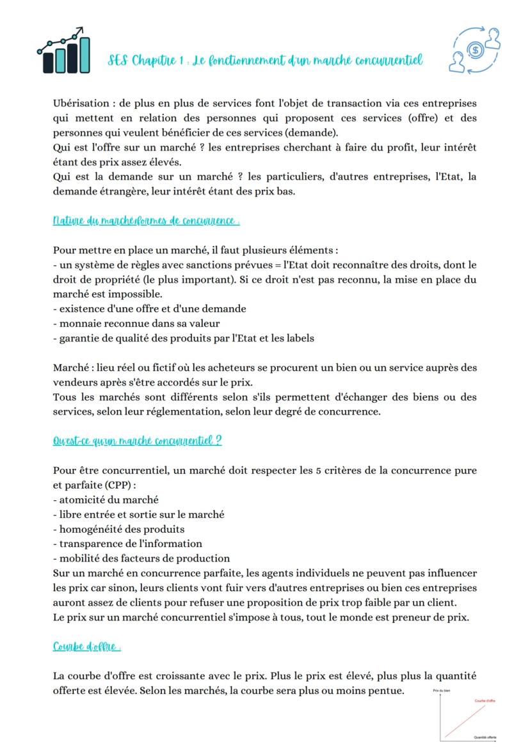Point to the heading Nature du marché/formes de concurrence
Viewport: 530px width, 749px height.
click(x=147, y=221)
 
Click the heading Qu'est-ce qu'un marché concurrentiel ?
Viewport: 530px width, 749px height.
click(x=138, y=441)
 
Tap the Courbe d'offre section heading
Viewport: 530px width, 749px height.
click(x=87, y=647)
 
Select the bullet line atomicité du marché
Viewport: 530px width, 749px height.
click(x=106, y=500)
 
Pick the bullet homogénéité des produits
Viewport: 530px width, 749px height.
click(x=118, y=529)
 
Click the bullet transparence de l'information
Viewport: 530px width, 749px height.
click(x=127, y=544)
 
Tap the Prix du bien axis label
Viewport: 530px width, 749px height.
click(x=442, y=691)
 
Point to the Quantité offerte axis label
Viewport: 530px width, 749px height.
click(x=485, y=737)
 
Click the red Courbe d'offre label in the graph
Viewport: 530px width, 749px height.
click(x=485, y=700)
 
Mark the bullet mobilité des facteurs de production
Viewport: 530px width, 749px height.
click(x=141, y=558)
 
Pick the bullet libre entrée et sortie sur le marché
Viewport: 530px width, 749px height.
click(x=138, y=514)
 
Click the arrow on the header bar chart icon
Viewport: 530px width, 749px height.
click(x=79, y=30)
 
